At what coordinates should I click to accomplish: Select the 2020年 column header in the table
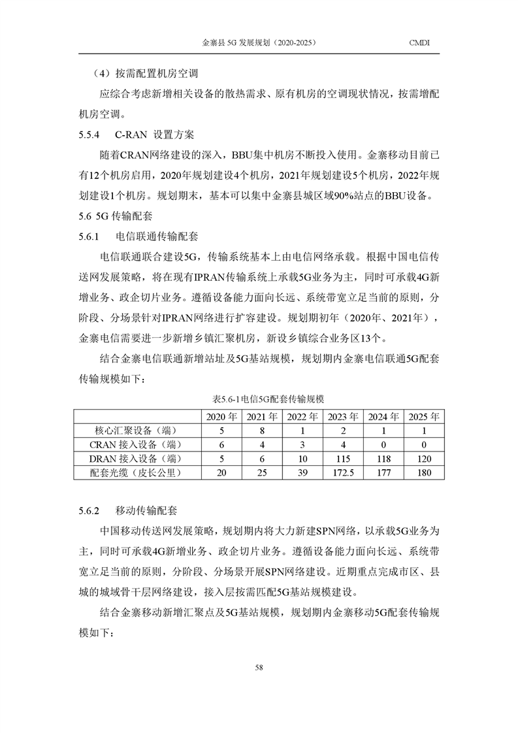point(221,416)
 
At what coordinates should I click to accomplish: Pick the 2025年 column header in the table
point(424,416)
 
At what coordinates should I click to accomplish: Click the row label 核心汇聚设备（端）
point(136,431)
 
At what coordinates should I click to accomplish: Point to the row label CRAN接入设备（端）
point(136,444)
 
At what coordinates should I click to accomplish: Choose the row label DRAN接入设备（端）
point(136,459)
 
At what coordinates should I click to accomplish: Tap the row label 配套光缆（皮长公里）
point(136,473)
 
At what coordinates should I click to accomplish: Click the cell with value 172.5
point(343,473)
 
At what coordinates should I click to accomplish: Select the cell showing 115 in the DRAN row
point(343,459)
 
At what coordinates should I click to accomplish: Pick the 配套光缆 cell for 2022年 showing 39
point(302,473)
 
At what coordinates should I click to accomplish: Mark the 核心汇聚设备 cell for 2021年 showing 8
point(261,431)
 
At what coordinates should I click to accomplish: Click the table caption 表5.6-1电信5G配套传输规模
point(259,399)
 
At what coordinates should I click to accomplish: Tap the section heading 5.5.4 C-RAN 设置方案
point(136,136)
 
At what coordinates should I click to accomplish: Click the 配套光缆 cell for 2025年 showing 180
point(424,473)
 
